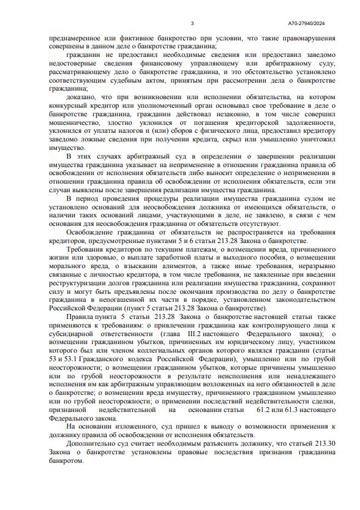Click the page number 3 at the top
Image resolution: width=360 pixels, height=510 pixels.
[192, 23]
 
